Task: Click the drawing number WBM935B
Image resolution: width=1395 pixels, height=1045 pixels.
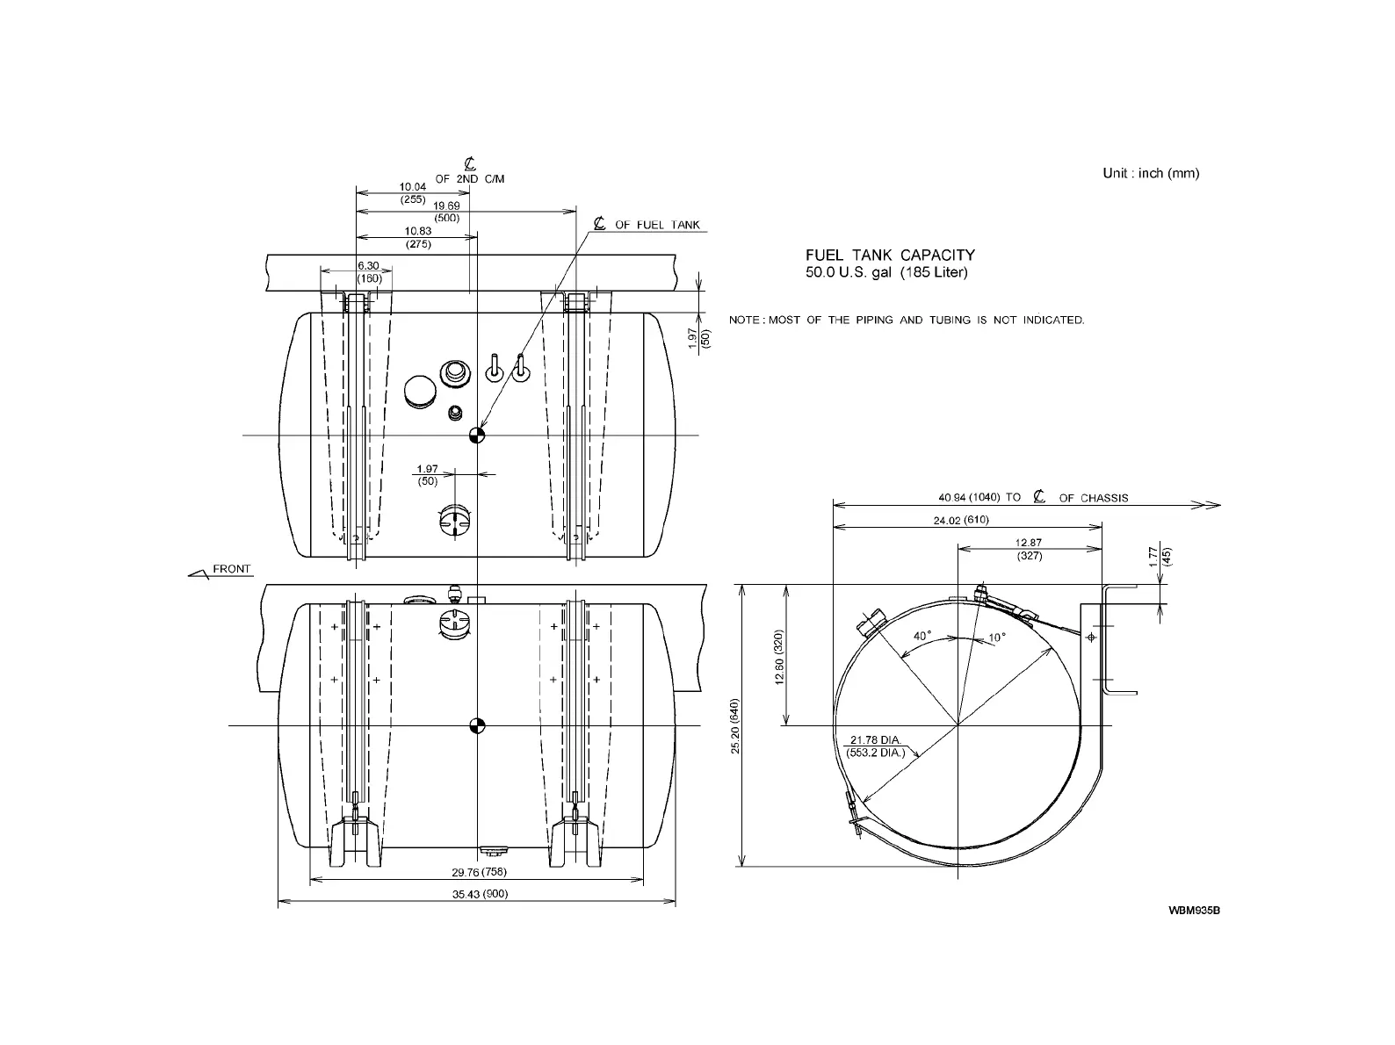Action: click(1194, 910)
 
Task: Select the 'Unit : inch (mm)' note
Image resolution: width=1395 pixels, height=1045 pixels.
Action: click(1151, 173)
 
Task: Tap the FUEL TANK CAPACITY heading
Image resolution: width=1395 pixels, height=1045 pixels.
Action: click(890, 255)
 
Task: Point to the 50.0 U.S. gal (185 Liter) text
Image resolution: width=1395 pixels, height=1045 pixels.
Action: click(886, 272)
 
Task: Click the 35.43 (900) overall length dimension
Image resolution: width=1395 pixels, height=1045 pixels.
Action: click(481, 894)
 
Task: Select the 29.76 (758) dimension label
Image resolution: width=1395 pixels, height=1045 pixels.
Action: click(479, 872)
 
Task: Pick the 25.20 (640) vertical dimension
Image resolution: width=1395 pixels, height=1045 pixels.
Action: click(736, 725)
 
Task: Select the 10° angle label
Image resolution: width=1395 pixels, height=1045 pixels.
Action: click(996, 638)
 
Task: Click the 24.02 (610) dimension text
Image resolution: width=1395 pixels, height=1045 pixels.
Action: click(961, 520)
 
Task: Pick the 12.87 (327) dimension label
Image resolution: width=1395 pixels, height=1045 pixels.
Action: click(1028, 549)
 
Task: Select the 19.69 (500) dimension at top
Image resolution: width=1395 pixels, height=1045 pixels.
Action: click(446, 212)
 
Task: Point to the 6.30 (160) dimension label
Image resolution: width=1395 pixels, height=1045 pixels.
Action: click(369, 271)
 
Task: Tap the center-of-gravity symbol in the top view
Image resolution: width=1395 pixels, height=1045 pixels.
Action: click(477, 435)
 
